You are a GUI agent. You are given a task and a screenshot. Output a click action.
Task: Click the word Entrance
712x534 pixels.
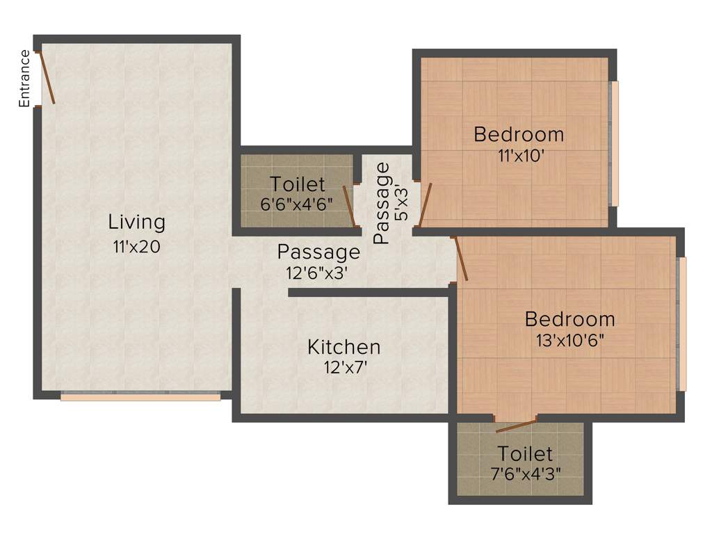25,79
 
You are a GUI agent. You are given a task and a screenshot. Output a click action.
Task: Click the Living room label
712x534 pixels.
137,222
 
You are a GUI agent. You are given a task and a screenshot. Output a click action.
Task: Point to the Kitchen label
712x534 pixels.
344,346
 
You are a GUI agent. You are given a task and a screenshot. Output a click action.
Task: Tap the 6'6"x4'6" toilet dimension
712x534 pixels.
298,205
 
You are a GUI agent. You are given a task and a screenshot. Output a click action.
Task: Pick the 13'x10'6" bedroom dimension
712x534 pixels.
570,341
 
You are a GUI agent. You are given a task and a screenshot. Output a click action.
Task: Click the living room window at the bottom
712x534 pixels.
140,396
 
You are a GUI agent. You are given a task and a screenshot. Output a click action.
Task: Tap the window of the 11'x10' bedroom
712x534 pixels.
613,144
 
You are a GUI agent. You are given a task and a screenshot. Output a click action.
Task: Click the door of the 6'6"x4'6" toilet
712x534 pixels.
350,207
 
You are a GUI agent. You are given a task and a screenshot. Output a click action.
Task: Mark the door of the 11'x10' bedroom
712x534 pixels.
425,205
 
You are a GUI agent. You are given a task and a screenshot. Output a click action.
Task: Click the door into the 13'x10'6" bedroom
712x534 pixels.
460,259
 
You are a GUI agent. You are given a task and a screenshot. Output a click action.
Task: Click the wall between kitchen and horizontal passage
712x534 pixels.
369,293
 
